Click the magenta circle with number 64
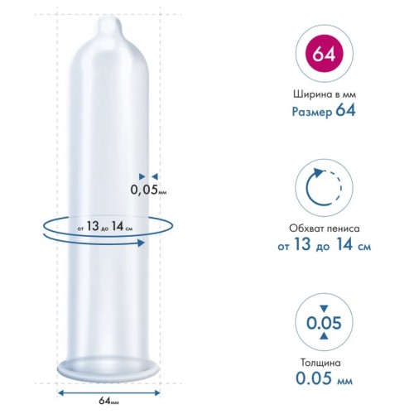[324, 53]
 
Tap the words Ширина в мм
[325, 94]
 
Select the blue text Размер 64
[324, 111]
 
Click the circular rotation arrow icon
[324, 188]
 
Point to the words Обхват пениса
[325, 229]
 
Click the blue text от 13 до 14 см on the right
[324, 245]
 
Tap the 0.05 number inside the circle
[324, 322]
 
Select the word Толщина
[320, 363]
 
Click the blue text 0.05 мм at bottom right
[324, 378]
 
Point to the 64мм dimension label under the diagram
[108, 401]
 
